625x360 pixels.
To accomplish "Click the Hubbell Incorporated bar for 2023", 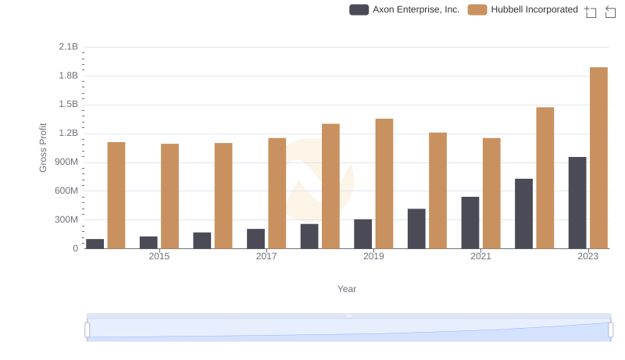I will point(598,158).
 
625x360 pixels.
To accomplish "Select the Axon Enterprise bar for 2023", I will point(577,203).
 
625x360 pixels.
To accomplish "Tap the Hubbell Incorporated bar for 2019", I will point(384,184).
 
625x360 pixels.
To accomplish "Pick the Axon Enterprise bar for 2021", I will point(470,223).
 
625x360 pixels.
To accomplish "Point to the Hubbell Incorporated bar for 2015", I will point(170,196).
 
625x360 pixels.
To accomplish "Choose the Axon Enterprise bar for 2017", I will point(255,239).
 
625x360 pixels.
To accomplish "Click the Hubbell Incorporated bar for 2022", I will point(545,178).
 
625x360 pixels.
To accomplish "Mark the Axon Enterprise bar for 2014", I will point(95,244).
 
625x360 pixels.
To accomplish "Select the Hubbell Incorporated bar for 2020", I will point(437,191).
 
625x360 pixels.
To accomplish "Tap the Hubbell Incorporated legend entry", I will point(523,10).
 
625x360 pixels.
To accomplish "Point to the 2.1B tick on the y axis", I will point(69,47).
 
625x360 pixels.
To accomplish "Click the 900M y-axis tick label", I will point(66,162).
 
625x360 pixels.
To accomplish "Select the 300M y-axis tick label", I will point(66,220).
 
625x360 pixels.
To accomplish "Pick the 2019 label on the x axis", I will point(373,256).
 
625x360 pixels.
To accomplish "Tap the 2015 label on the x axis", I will point(159,256).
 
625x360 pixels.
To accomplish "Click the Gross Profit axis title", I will point(44,148).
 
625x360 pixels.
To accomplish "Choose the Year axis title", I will point(347,289).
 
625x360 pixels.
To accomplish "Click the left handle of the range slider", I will point(87,330).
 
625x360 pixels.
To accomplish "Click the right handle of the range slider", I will point(610,330).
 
